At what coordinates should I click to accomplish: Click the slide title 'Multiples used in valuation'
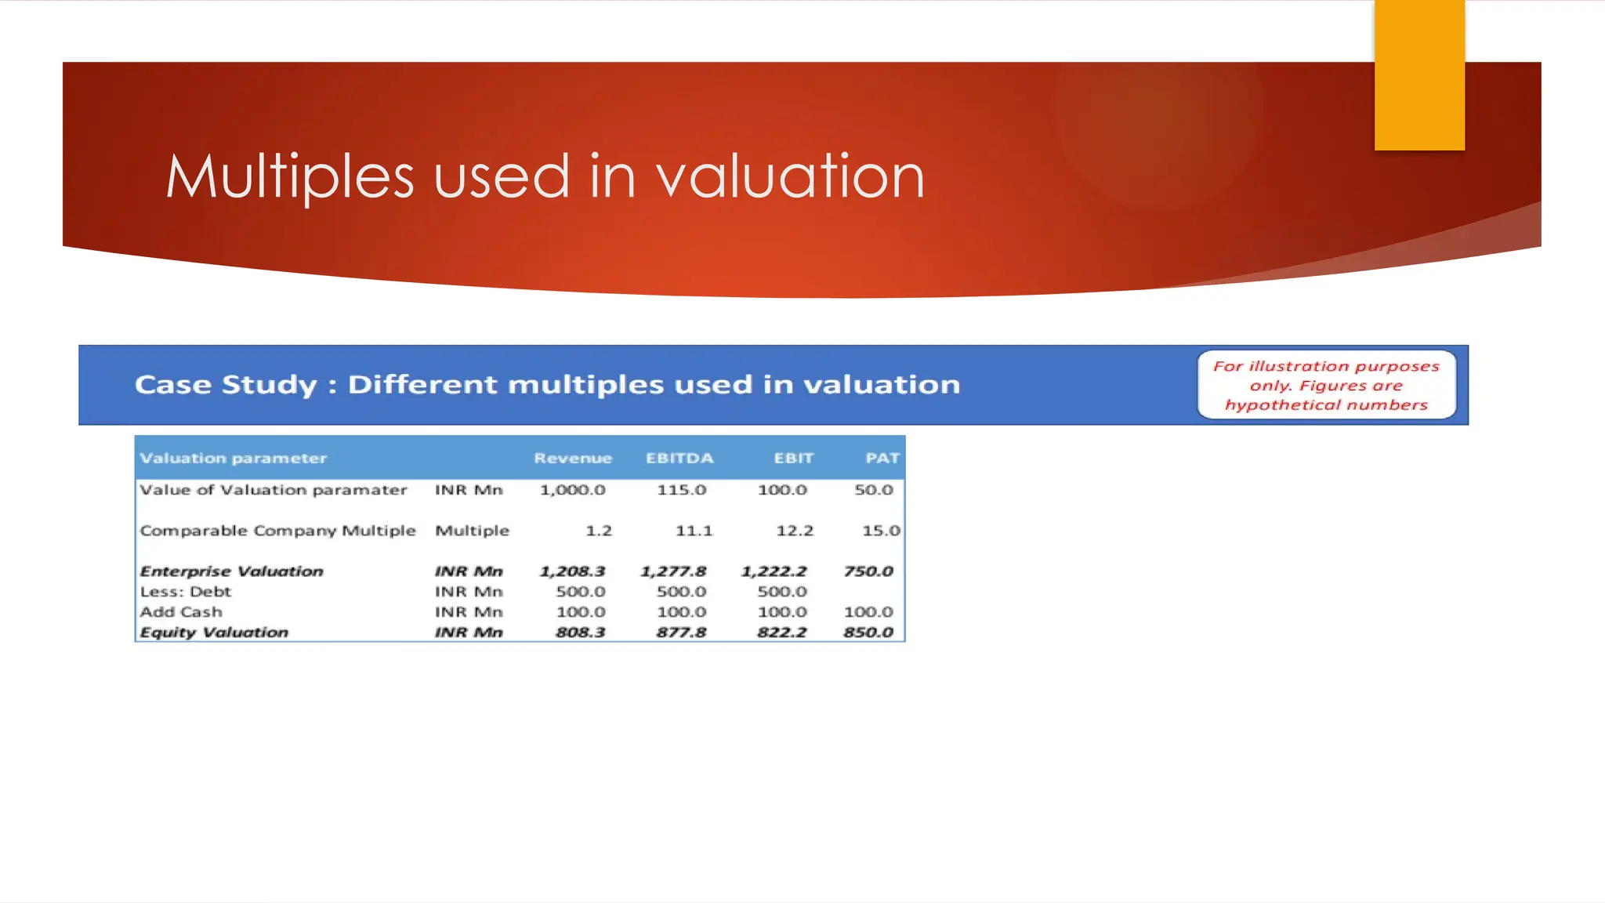545,177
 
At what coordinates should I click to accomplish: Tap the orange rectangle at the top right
1419,75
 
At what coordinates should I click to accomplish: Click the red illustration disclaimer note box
1326,385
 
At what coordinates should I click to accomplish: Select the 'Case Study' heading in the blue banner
547,385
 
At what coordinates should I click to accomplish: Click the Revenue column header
572,459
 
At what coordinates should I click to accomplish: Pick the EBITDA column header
679,459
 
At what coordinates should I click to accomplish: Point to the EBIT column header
793,459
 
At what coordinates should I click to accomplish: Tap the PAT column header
882,459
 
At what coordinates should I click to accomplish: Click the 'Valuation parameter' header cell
233,459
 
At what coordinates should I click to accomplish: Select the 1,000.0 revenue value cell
572,491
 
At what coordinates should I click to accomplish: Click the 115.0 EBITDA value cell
681,491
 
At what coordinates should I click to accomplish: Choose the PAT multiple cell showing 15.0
881,531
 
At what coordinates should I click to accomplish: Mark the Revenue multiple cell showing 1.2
598,531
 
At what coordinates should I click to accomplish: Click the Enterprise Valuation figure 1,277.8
673,571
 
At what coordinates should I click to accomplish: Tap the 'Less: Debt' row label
186,592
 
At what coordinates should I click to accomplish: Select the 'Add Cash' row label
181,612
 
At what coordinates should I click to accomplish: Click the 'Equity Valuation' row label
214,633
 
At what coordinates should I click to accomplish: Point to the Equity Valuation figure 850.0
868,633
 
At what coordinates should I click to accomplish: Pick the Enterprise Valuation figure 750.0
868,571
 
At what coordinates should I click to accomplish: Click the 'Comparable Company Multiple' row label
277,531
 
